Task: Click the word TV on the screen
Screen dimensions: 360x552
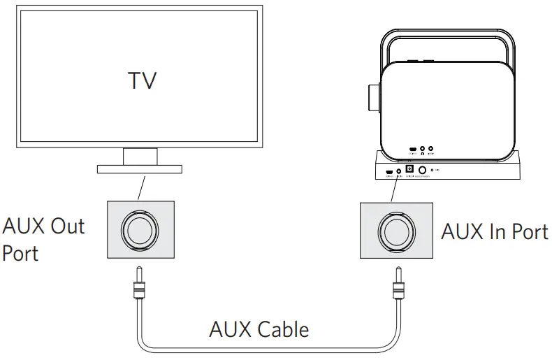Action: tap(143, 80)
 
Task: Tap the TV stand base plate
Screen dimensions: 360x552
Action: tap(139, 168)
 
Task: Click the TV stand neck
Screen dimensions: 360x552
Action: tap(140, 156)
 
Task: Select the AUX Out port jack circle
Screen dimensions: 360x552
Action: tap(140, 229)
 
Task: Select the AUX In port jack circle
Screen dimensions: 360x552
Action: tap(395, 229)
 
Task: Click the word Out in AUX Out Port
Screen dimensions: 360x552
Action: tap(66, 226)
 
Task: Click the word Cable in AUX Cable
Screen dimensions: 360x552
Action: tap(282, 329)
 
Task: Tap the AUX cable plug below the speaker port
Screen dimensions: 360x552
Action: tap(398, 287)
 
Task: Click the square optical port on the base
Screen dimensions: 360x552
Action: tap(409, 168)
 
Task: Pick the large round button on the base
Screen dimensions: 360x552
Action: tap(422, 170)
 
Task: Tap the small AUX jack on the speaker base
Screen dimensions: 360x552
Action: tap(399, 171)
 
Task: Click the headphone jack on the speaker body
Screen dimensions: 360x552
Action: tap(422, 148)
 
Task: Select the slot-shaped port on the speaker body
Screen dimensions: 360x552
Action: tap(413, 149)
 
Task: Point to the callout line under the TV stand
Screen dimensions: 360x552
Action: tap(142, 187)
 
